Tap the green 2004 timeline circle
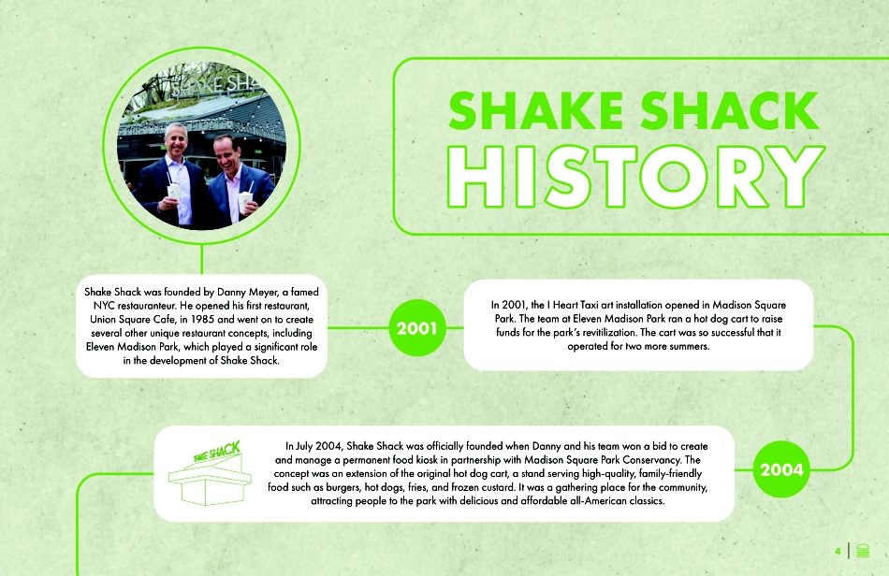point(782,469)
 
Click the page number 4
point(838,551)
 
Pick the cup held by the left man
point(173,194)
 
